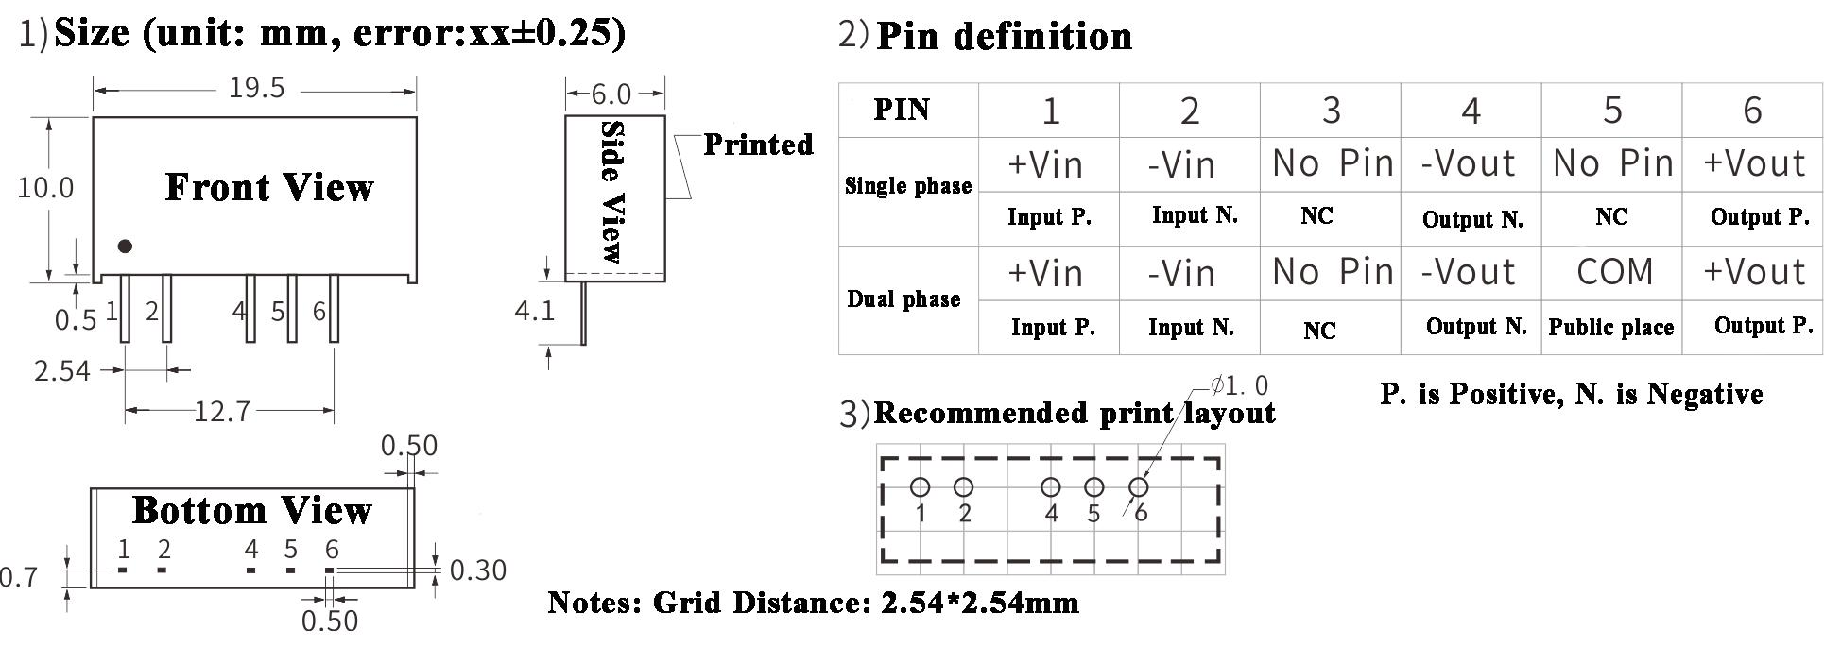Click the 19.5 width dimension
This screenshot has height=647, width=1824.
tap(256, 88)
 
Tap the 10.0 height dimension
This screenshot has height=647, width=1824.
tap(45, 187)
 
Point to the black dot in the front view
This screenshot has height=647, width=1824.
tap(125, 247)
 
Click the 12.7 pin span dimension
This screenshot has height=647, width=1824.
tap(222, 412)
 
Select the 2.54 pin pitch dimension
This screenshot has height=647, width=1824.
tap(62, 370)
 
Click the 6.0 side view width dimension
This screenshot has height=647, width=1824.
tap(611, 94)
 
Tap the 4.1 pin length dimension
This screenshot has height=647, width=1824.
tap(534, 311)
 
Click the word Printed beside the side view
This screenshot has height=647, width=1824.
tap(758, 145)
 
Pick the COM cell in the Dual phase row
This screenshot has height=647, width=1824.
tap(1614, 272)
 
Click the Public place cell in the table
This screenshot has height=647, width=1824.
tap(1610, 328)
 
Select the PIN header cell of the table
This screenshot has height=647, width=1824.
tap(902, 110)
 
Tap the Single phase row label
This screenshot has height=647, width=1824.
tap(907, 186)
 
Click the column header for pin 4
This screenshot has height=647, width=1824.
tap(1471, 111)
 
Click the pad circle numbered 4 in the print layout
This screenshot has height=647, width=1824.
tap(1050, 487)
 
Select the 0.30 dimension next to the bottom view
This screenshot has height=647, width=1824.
tap(477, 570)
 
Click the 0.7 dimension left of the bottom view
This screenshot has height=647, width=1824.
tap(19, 576)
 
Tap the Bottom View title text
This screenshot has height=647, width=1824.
tap(252, 511)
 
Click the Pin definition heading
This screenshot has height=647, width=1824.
tap(1004, 37)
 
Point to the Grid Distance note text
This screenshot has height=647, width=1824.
tap(813, 603)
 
